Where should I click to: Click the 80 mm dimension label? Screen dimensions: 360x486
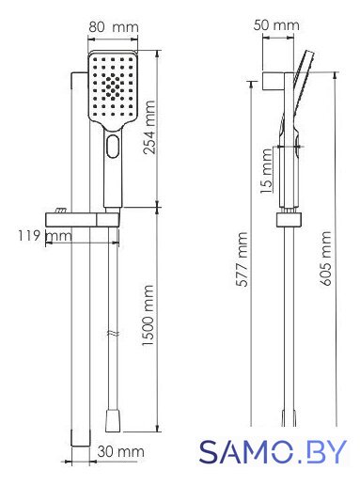pos(113,27)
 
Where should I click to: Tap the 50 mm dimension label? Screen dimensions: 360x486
pos(276,25)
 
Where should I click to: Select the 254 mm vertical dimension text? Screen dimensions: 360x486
pos(149,127)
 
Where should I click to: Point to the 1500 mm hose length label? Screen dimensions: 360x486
pos(148,315)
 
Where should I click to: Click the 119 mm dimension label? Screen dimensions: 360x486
pos(45,236)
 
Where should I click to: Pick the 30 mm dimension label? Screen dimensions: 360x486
pos(120,451)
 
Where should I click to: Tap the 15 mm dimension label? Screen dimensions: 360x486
pos(267,171)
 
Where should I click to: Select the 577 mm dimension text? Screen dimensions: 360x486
pos(242,259)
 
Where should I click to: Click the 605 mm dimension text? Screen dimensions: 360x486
pos(325,259)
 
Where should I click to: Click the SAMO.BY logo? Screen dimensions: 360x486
pos(273,451)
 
